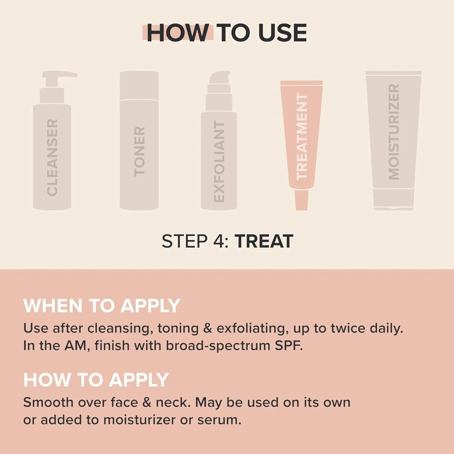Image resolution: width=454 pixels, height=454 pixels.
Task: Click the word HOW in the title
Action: (178, 33)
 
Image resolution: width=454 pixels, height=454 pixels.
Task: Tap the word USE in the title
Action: (282, 33)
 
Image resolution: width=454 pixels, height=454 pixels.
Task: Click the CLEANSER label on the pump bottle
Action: (52, 157)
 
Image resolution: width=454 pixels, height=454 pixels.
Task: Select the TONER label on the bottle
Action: (139, 151)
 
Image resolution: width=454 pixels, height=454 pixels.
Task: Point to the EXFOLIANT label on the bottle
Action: (219, 162)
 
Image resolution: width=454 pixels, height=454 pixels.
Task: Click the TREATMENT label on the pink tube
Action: (302, 136)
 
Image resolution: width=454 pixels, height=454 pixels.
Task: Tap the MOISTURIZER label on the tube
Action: (394, 132)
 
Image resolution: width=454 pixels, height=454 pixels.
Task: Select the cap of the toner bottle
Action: (139, 86)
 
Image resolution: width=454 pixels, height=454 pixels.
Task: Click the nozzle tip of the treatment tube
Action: (301, 200)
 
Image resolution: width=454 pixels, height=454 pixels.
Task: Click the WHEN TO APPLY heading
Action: (102, 306)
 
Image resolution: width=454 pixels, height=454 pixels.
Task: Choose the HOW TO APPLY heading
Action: (96, 380)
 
